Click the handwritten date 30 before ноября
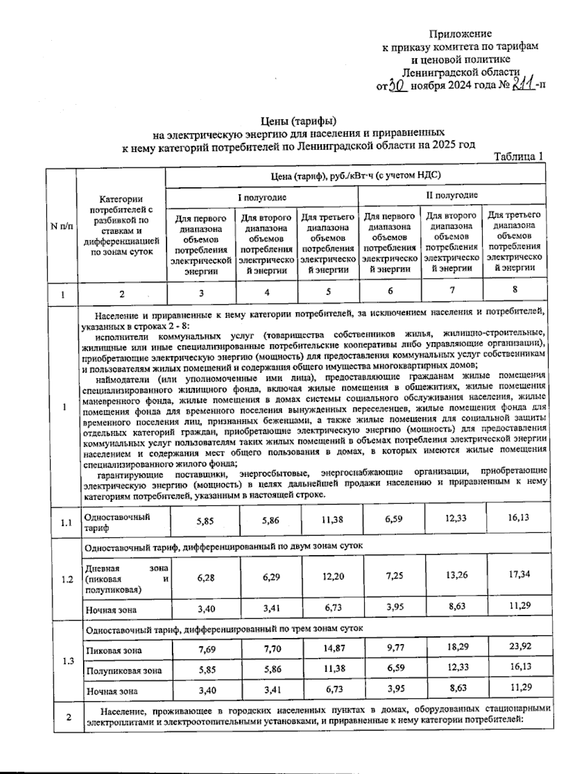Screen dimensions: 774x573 tap(397, 86)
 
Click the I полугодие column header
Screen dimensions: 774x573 tap(262, 197)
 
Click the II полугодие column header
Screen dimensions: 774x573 tap(452, 195)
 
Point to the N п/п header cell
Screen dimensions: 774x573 tap(62, 226)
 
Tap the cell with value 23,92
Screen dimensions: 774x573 tap(520, 646)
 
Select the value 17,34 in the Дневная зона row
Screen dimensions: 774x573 tap(519, 574)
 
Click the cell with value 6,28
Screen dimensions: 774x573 tap(206, 578)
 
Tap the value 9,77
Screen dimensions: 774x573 tap(394, 648)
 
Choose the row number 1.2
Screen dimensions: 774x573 tap(67, 580)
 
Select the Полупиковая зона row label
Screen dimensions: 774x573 tap(124, 671)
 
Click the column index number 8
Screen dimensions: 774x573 tap(515, 290)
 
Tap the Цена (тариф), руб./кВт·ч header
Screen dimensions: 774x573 tap(355, 175)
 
